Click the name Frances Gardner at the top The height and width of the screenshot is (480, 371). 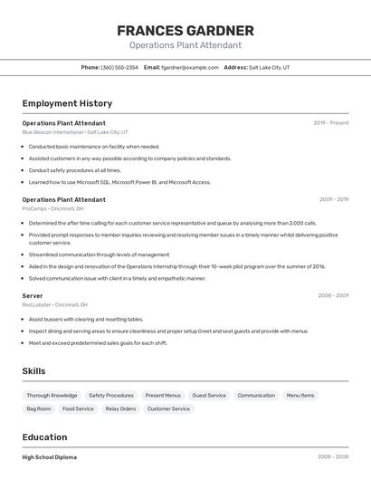tap(185, 31)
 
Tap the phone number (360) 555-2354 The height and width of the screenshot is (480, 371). tap(119, 67)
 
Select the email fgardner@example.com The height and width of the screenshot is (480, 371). tap(190, 67)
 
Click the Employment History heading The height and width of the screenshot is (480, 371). tap(67, 103)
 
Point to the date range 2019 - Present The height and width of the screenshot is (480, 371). tap(330, 122)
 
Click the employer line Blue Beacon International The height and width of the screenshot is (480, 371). tap(74, 131)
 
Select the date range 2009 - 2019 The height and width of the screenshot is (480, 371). tap(333, 199)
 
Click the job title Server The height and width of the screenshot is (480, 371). tap(33, 295)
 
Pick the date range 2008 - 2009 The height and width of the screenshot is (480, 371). tap(333, 295)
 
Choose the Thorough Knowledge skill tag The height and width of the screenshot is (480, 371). tap(52, 395)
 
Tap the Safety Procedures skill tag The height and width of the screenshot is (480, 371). tap(111, 395)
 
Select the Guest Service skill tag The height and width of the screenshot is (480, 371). tap(209, 395)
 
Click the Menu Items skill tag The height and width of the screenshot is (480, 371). tap(300, 395)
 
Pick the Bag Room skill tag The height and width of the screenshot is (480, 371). tap(39, 408)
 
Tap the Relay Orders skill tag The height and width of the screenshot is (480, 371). tap(120, 408)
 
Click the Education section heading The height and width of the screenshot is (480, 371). tap(44, 437)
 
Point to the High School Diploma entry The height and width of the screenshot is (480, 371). tap(49, 457)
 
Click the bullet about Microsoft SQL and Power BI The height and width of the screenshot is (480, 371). tap(119, 182)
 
